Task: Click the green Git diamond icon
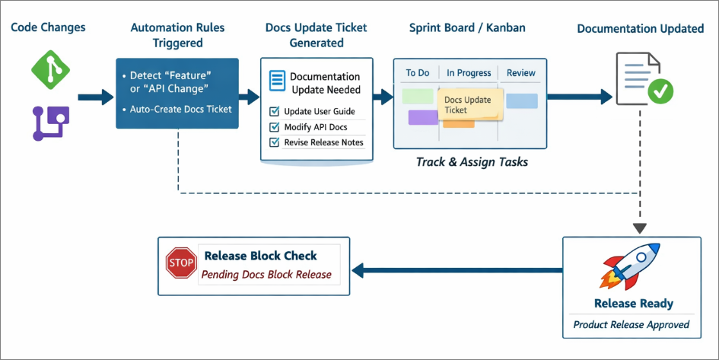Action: point(50,70)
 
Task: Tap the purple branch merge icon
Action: point(50,123)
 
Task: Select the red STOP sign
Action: point(181,263)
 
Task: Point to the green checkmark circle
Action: point(660,91)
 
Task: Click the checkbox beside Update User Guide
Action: point(275,111)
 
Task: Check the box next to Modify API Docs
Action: point(275,127)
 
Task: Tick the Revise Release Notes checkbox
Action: point(275,142)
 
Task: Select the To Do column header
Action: point(418,73)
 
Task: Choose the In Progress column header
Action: point(469,73)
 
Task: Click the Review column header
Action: point(521,73)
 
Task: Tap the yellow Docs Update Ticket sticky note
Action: point(470,105)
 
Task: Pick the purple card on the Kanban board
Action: point(423,117)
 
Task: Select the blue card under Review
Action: point(522,101)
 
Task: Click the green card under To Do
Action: point(418,97)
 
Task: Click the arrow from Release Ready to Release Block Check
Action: point(457,270)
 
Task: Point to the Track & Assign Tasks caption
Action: point(472,162)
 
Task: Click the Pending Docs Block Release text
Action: point(266,275)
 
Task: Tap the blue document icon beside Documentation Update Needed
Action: point(276,81)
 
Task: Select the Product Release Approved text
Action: point(632,325)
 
